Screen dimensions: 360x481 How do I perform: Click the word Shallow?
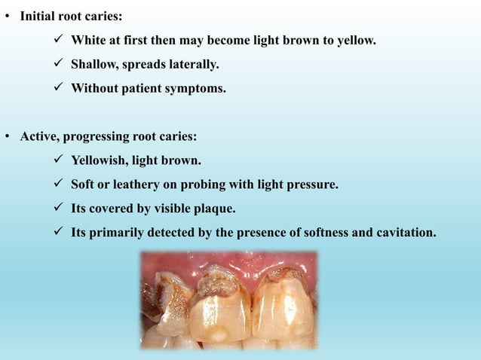[94, 65]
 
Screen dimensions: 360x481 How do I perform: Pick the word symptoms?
[198, 89]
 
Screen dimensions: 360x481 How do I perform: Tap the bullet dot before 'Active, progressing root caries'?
[8, 137]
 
